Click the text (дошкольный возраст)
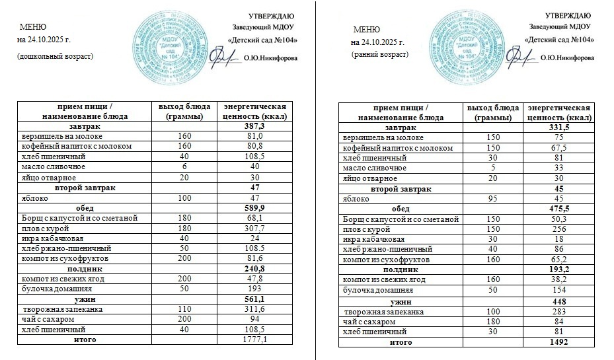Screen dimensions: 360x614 [x=56, y=56]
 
